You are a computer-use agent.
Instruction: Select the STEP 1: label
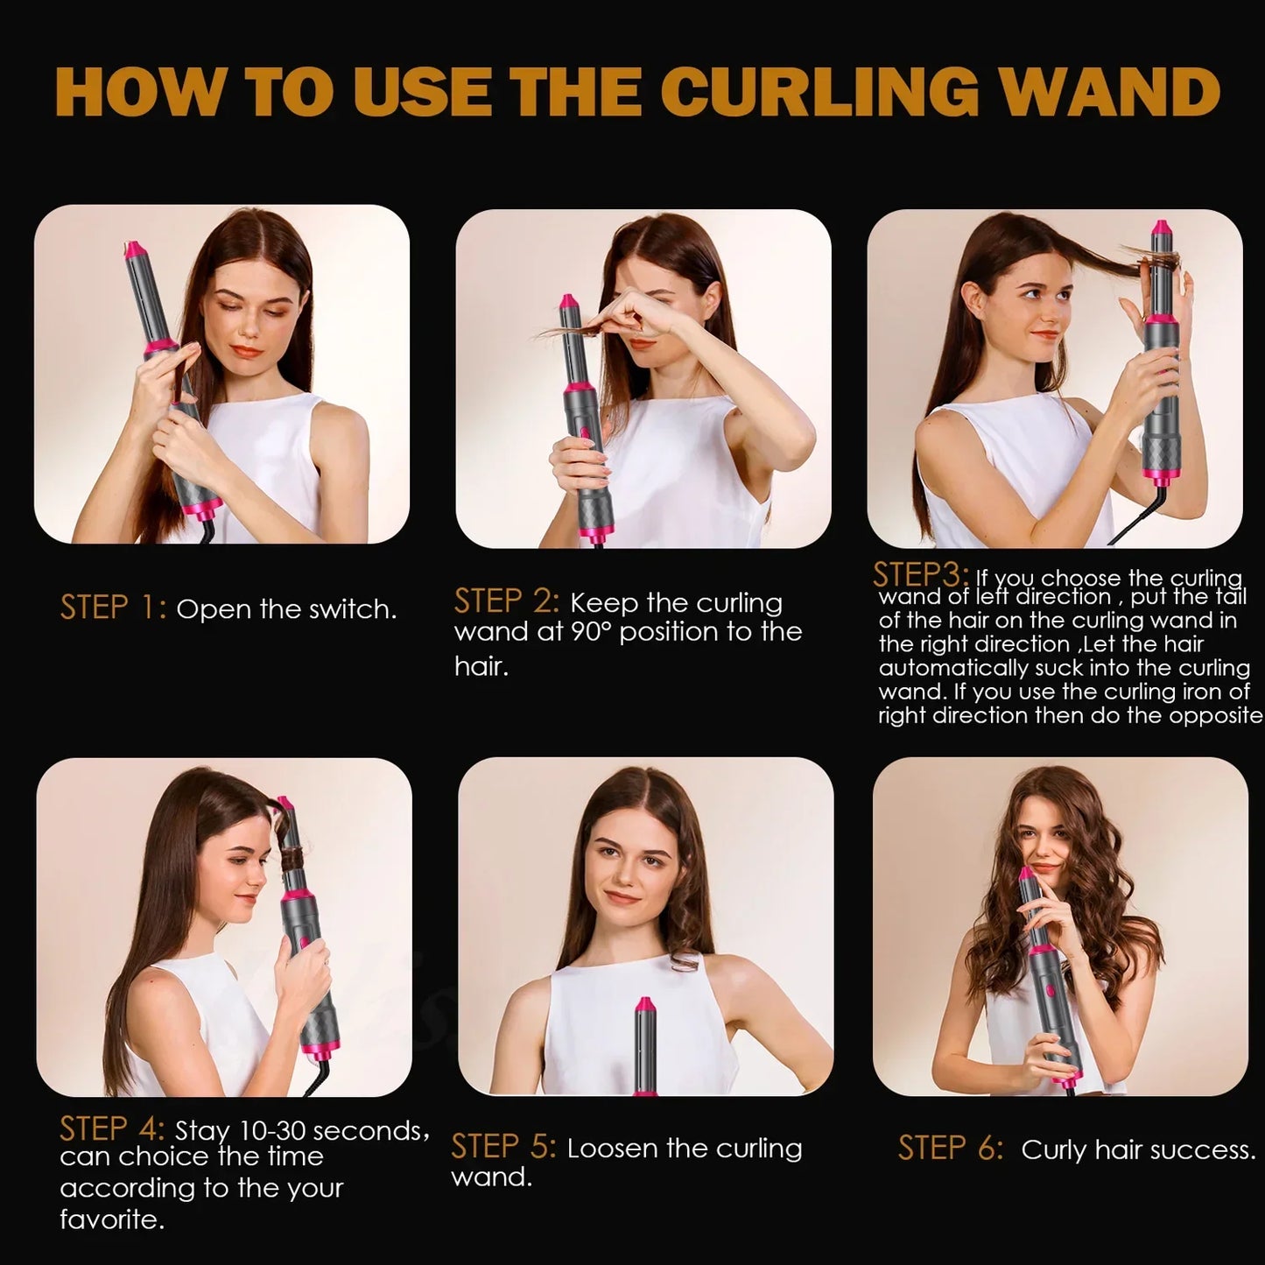click(x=113, y=607)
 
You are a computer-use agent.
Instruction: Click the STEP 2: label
click(x=506, y=601)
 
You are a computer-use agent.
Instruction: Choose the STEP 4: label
click(x=112, y=1128)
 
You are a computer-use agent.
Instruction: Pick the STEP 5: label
click(x=503, y=1147)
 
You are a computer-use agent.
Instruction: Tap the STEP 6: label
click(x=951, y=1149)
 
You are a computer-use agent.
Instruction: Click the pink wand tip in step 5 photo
click(x=645, y=1006)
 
